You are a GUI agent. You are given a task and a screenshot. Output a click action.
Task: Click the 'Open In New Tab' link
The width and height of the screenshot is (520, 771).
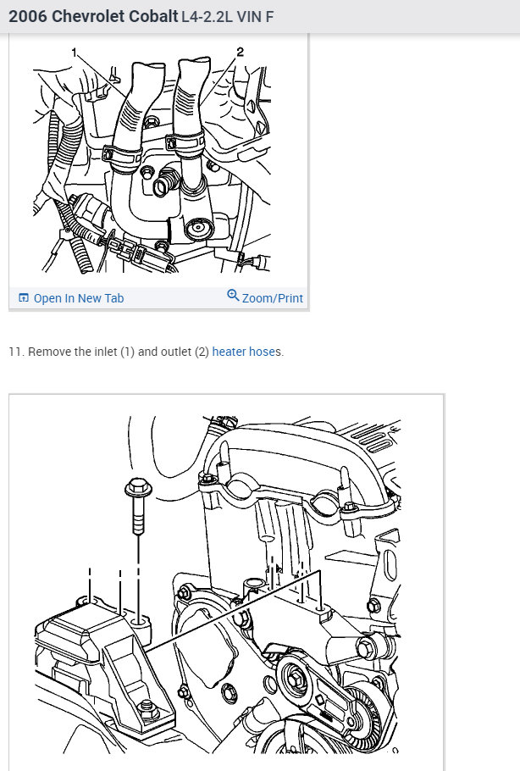coord(78,298)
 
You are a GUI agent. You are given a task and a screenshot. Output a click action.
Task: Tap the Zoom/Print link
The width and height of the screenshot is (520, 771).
coord(272,298)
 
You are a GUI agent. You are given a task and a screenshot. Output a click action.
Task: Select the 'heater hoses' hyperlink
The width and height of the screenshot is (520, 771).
coord(247,352)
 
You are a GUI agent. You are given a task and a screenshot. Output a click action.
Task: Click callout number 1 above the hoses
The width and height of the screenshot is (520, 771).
coord(74,53)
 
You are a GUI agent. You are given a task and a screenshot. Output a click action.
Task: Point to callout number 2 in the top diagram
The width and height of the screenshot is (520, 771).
coord(240,53)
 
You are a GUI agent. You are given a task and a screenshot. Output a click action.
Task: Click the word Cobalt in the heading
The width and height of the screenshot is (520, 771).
coord(150,16)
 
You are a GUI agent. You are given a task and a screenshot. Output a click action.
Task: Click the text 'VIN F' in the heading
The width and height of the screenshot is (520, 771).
coord(257,16)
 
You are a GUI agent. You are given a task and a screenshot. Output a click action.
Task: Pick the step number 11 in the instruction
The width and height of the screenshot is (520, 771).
coord(14,352)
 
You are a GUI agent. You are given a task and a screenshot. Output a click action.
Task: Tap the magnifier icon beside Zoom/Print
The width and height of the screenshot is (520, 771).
coord(233,296)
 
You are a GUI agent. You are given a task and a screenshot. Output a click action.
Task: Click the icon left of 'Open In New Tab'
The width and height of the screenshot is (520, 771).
coord(24,298)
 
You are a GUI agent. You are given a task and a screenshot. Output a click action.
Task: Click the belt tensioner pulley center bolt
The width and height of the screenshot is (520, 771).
coord(295,678)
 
